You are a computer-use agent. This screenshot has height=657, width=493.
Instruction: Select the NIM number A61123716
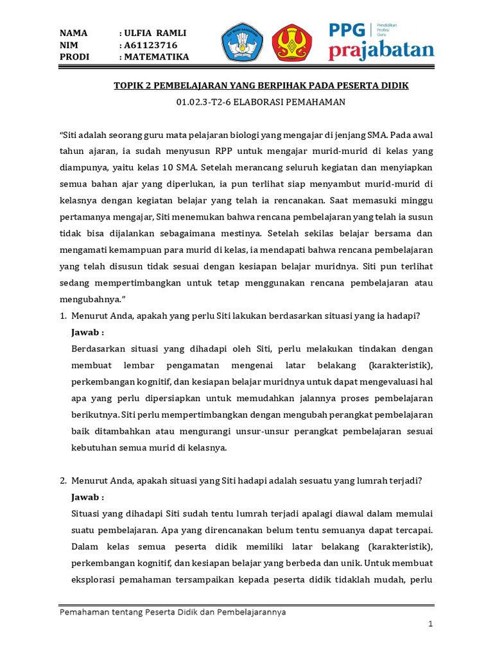pyautogui.click(x=151, y=45)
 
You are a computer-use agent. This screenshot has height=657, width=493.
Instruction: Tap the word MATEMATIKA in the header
pyautogui.click(x=157, y=56)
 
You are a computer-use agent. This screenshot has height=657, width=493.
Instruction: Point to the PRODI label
pyautogui.click(x=74, y=56)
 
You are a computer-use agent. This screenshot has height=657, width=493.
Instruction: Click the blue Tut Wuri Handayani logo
pyautogui.click(x=242, y=44)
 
